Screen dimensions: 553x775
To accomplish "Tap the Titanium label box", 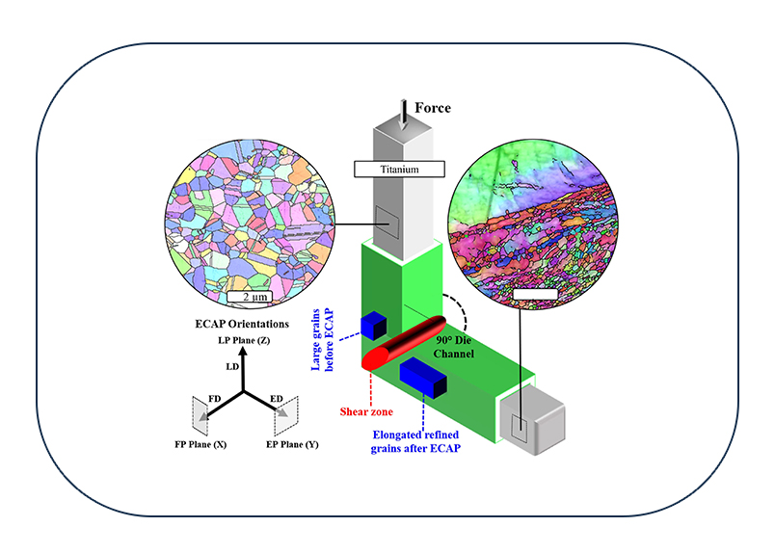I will (x=399, y=170).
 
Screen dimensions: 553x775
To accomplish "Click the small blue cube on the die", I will (x=373, y=325).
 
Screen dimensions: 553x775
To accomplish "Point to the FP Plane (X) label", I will (x=201, y=448).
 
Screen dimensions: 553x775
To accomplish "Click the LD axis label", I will (x=232, y=368).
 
